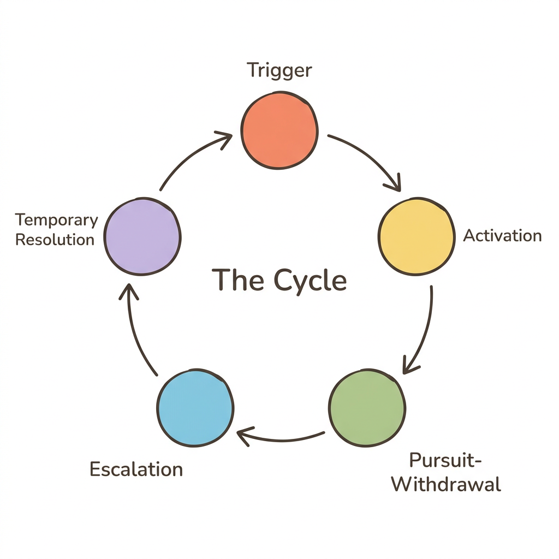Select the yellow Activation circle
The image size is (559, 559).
click(416, 236)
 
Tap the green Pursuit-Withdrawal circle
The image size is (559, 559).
click(367, 407)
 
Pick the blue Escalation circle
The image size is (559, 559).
click(195, 407)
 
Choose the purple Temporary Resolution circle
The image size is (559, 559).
click(142, 236)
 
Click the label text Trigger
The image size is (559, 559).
click(279, 70)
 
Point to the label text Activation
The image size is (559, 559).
click(502, 236)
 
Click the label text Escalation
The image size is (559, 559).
click(136, 469)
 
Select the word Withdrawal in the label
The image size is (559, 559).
click(446, 484)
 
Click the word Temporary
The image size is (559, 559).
click(57, 221)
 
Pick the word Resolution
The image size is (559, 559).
click(55, 240)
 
